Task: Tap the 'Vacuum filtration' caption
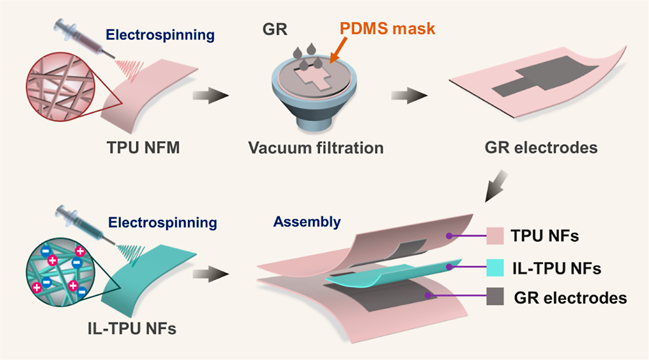315,148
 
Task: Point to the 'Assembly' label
307,222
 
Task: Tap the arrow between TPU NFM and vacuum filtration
211,96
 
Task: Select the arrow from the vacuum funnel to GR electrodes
409,96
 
